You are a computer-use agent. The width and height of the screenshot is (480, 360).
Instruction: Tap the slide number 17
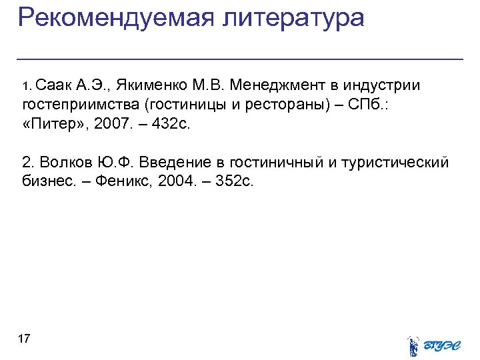pos(24,339)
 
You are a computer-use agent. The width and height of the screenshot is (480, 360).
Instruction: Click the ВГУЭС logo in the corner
pos(434,344)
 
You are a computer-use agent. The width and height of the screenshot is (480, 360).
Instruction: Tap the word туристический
pos(395,163)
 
